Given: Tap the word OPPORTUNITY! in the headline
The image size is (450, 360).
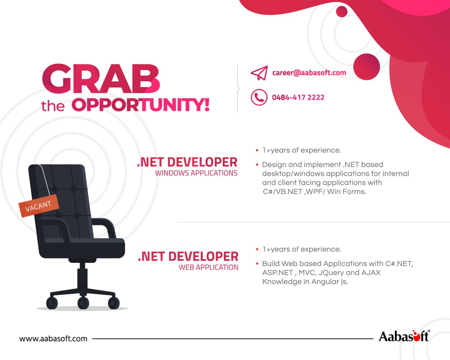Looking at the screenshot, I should click(x=140, y=105).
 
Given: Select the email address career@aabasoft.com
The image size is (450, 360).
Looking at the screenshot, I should click(x=309, y=73).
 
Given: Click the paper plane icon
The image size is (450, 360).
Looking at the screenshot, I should click(x=259, y=73).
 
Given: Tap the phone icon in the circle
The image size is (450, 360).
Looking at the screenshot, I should click(x=259, y=97).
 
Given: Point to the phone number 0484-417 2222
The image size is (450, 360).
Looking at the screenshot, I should click(x=298, y=97).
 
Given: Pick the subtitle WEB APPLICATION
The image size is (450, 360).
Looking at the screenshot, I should click(x=208, y=267).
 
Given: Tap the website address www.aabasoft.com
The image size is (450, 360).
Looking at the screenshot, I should click(x=53, y=338).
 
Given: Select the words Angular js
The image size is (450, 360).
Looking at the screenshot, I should click(x=330, y=282).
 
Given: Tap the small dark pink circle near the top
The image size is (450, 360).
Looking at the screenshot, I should click(x=342, y=12).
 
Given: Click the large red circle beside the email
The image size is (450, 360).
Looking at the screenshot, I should click(x=366, y=66).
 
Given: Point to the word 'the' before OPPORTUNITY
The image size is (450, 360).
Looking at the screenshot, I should click(x=53, y=106).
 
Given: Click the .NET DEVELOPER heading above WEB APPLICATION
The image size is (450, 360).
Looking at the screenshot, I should click(x=188, y=256).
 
